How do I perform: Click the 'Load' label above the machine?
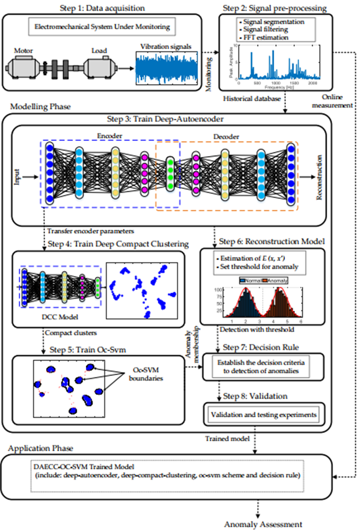click(x=98, y=52)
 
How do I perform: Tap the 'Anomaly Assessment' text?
click(x=263, y=524)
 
